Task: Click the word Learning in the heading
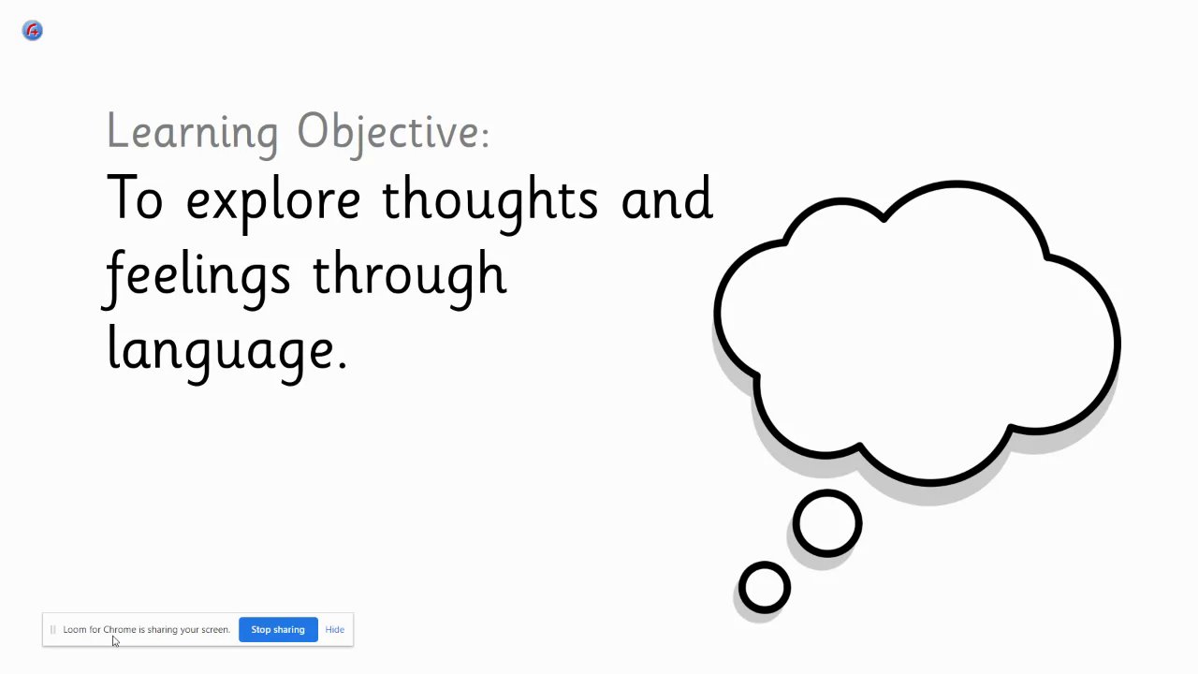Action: coord(193,133)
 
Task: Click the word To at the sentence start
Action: coord(134,198)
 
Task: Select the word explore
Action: coord(272,203)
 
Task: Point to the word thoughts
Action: coord(489,203)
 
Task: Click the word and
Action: coord(667,198)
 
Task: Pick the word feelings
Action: coord(196,278)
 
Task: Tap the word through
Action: coord(410,278)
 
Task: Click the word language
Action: coord(227,353)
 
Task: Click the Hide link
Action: coord(335,630)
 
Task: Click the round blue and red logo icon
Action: coord(32,31)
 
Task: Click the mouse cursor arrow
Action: coord(115,641)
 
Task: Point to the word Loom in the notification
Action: coord(75,630)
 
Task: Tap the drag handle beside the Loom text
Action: coord(53,630)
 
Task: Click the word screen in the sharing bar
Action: coord(215,630)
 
